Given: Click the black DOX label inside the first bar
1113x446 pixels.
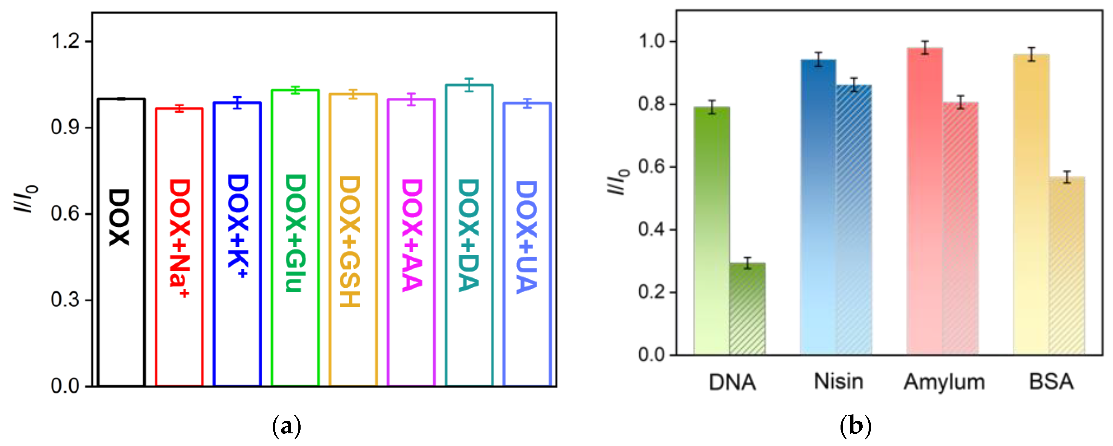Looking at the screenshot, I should click(x=119, y=217).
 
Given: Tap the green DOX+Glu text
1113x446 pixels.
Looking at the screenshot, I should click(x=296, y=234).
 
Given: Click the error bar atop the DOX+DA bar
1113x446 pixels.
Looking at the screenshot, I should click(x=470, y=85).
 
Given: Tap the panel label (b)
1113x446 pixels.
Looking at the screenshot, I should click(x=855, y=426).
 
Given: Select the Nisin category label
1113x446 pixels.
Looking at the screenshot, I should click(x=839, y=382).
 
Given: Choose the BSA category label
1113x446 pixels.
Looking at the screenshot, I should click(x=1051, y=382).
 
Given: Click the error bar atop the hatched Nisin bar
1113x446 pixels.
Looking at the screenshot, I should click(x=854, y=85).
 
